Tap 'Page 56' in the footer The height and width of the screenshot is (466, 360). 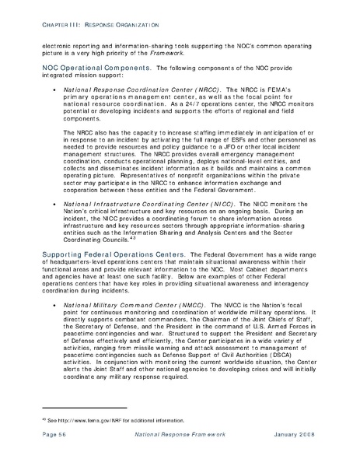(55, 452)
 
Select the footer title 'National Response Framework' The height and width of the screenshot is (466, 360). (179, 452)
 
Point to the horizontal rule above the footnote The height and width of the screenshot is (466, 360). (68, 430)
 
